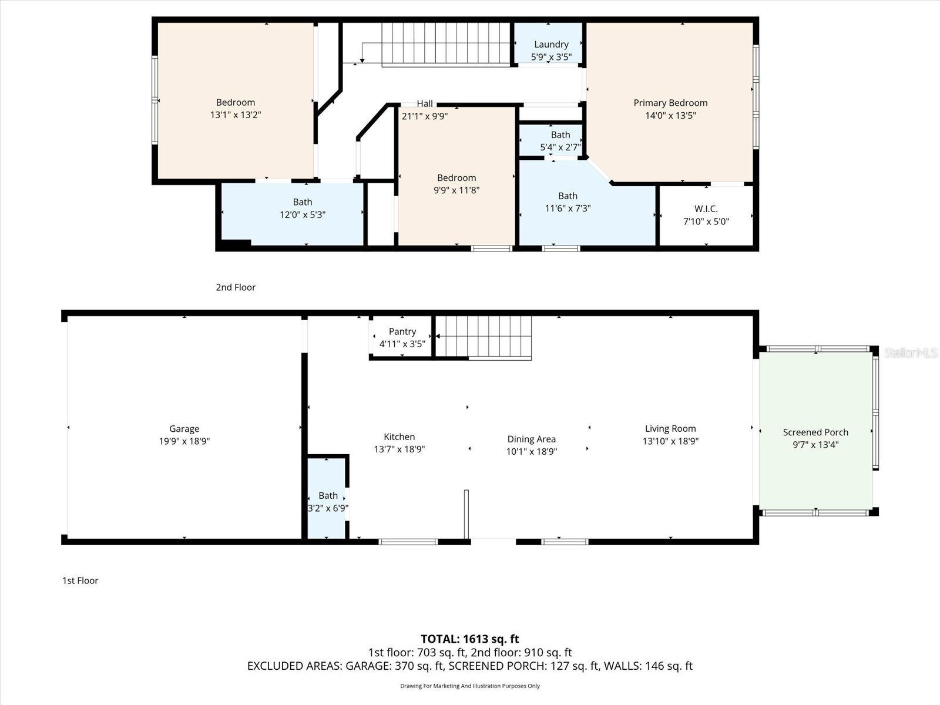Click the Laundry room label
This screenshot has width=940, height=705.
pos(551,45)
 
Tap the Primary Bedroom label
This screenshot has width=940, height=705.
pos(670,103)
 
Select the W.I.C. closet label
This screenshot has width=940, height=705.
pos(706,209)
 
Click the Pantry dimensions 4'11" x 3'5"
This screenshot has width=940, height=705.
pos(402,344)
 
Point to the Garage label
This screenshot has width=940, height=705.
pos(184,429)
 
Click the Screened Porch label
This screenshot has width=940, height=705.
pos(815,432)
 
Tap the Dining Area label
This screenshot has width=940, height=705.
pos(531,439)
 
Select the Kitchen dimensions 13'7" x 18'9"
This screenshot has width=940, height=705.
pos(399,449)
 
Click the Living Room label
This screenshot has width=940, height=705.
pos(670,429)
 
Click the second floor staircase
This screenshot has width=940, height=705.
pos(445,44)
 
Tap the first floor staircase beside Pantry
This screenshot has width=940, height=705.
pos(484,337)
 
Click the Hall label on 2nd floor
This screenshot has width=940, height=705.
pos(425,104)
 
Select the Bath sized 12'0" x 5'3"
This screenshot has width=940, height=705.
pos(302,209)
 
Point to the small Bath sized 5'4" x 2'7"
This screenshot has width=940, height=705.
pos(560,141)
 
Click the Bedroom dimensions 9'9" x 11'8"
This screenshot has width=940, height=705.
pos(456,190)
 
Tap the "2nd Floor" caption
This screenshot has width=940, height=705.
pos(236,287)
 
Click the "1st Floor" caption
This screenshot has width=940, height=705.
pos(80,580)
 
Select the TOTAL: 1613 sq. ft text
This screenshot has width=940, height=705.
pos(469,639)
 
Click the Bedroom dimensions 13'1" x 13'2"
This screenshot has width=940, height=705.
pos(236,115)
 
